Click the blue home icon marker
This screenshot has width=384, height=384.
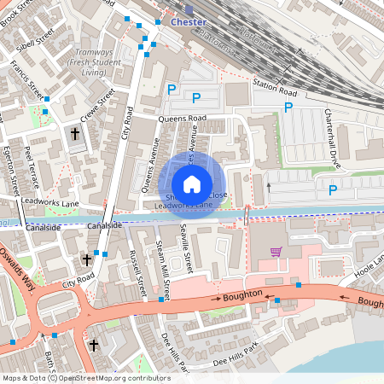[x=192, y=183]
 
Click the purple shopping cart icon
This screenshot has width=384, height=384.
[x=276, y=252]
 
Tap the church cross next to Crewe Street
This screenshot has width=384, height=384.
[x=74, y=134]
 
